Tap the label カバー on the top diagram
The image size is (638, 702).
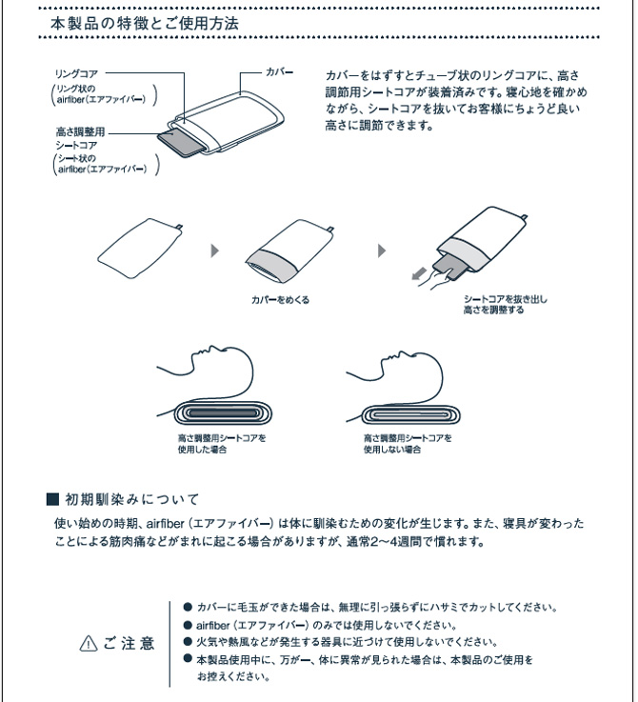[x=279, y=72]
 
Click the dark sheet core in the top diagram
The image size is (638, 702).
[x=179, y=144]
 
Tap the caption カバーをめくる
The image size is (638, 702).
[x=281, y=299]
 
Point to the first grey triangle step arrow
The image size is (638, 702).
[x=215, y=251]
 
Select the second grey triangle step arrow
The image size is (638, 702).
[x=383, y=251]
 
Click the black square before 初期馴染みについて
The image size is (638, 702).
[x=53, y=499]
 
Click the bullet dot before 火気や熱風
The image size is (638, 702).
[x=188, y=642]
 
